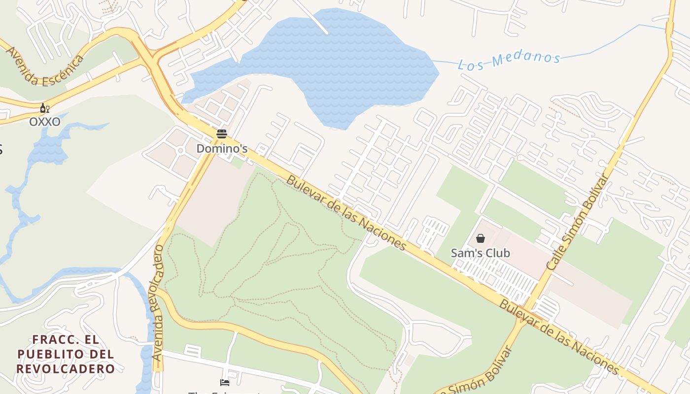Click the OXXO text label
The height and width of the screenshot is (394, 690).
pos(45,122)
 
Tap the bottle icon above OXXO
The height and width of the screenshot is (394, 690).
pos(44,108)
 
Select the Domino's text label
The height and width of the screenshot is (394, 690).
pos(222,148)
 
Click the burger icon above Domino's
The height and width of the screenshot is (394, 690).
pos(222,133)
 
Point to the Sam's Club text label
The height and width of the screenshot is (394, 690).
pos(481,253)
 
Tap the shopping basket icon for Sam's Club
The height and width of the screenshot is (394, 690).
pos(481,239)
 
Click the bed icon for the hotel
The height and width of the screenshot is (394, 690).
pos(225,383)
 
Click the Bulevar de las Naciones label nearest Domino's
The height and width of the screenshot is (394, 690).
pos(346,213)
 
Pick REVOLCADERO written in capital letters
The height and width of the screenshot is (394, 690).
pos(66,368)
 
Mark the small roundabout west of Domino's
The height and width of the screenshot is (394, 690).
pos(181,150)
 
